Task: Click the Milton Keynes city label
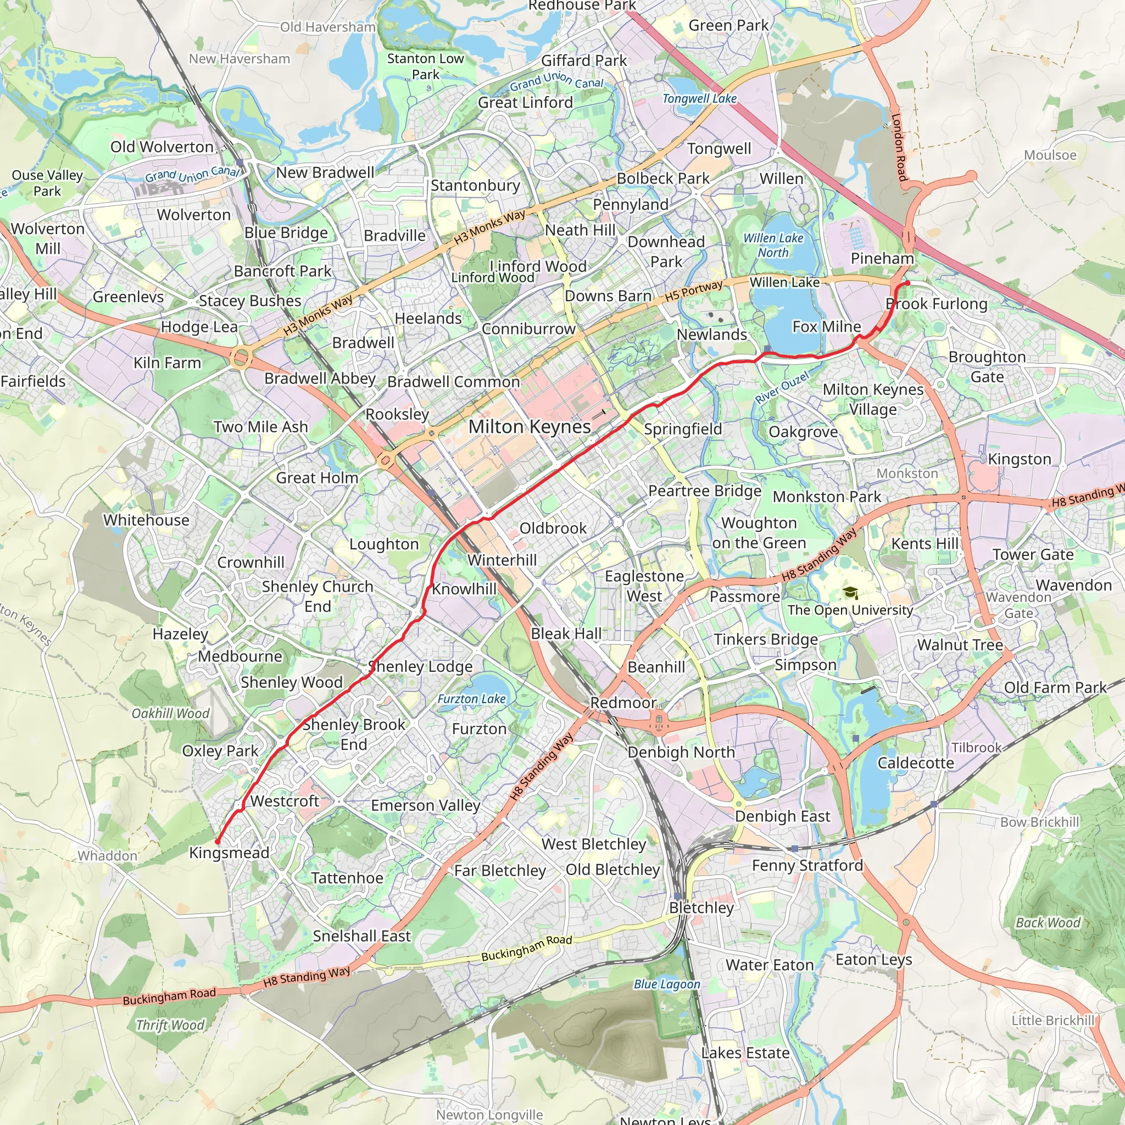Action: [530, 427]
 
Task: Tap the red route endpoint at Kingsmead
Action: [218, 842]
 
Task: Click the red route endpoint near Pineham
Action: [906, 283]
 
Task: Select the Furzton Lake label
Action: [471, 699]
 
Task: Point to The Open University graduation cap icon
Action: [850, 593]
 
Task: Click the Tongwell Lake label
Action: [699, 98]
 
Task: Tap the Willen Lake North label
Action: [773, 245]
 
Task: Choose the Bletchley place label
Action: [701, 907]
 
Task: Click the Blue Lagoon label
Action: [667, 983]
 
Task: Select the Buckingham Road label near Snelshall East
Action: [526, 948]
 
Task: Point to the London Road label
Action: [899, 147]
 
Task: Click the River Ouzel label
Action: [782, 388]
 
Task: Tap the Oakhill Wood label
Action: [170, 714]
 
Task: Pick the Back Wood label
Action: [1048, 922]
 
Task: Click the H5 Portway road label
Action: [694, 291]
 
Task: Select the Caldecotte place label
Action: [915, 763]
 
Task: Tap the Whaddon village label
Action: [108, 855]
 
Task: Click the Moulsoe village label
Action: [1050, 155]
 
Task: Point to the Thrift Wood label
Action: [170, 1024]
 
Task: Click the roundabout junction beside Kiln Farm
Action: [240, 357]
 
